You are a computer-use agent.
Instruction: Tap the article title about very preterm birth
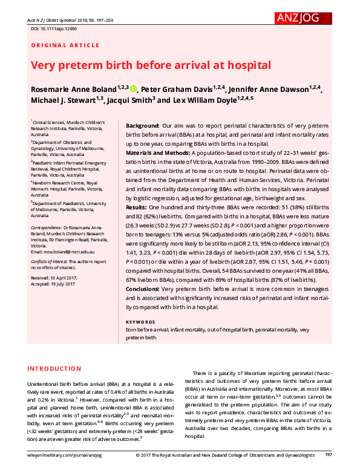[151, 65]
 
